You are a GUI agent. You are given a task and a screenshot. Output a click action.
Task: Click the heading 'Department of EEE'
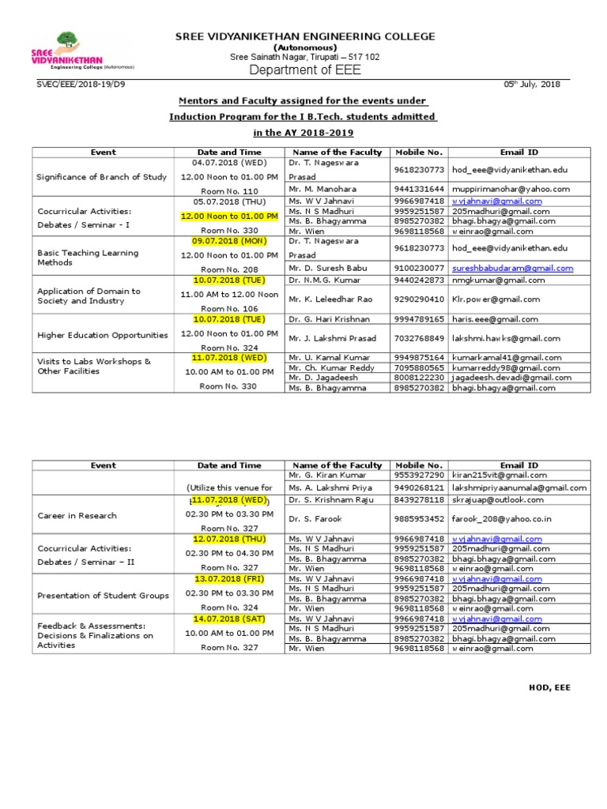tap(304, 70)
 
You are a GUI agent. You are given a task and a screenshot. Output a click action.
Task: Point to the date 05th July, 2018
tap(531, 85)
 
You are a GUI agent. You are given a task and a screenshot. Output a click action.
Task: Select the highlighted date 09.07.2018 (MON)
tap(228, 240)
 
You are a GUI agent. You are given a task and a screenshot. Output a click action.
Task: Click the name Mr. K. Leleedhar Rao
tap(326, 299)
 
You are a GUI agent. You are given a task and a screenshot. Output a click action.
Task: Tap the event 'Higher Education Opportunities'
tap(102, 335)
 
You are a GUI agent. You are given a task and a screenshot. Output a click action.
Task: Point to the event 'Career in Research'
tap(77, 516)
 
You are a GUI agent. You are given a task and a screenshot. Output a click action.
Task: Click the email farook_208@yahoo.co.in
tap(501, 519)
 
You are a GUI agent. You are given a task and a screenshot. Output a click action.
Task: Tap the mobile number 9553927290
tap(419, 476)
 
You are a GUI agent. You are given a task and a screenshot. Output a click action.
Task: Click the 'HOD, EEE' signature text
tap(549, 687)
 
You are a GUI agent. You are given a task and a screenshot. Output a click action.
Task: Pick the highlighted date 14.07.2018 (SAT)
tap(228, 619)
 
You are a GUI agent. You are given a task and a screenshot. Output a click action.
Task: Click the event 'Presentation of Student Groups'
tap(103, 596)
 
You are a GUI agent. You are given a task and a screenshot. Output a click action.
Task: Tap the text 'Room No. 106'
tap(228, 309)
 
